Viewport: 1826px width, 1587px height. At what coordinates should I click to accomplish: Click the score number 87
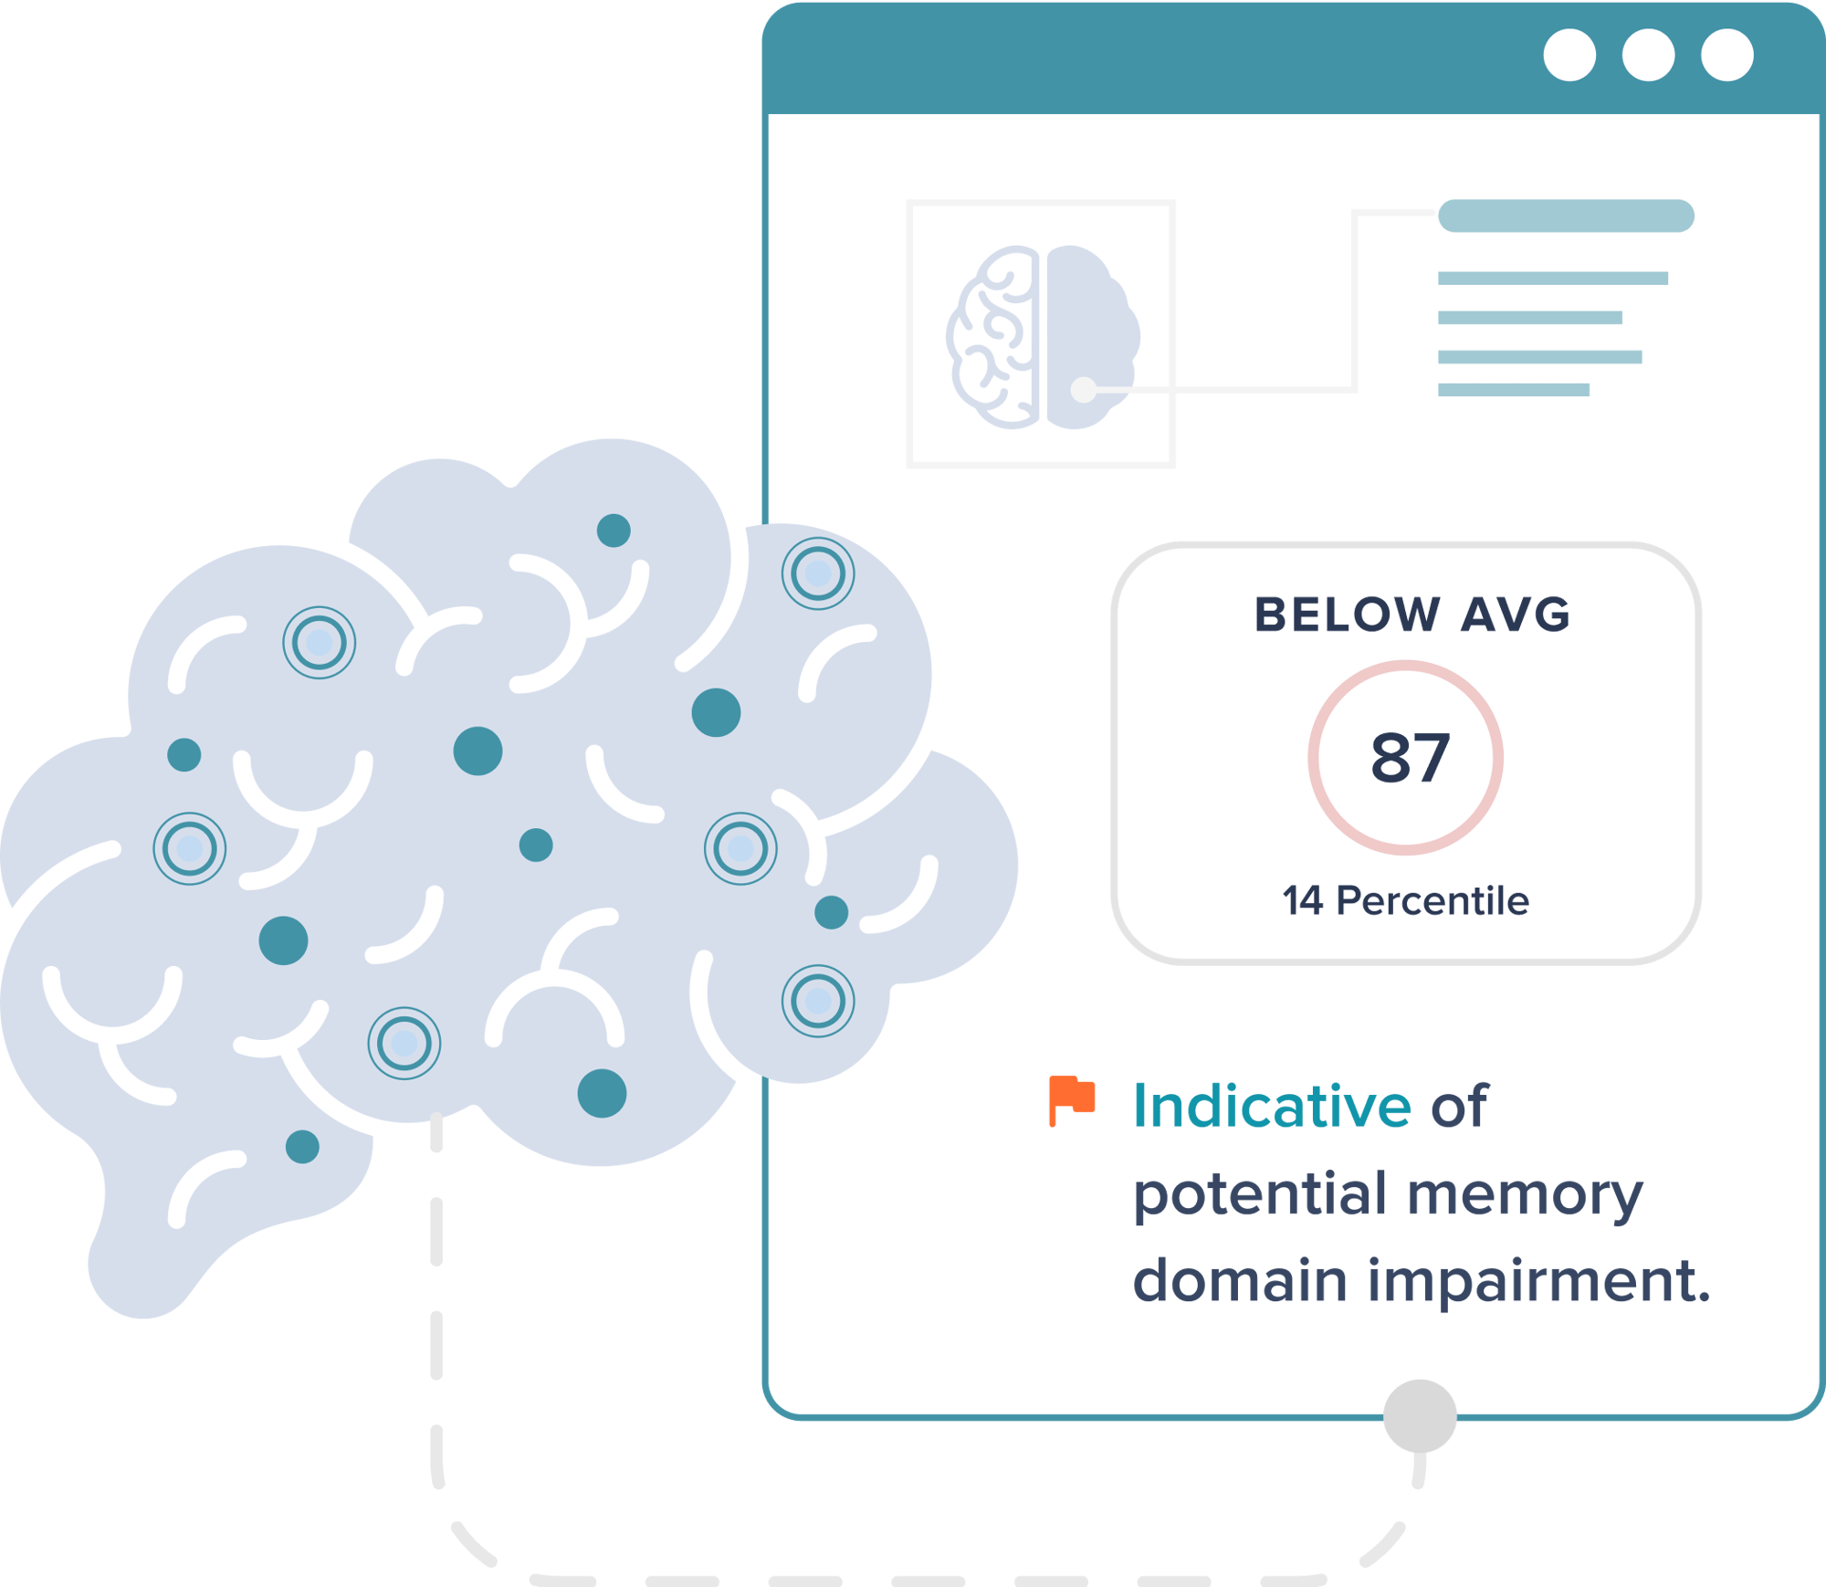[1410, 758]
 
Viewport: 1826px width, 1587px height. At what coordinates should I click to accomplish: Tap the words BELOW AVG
[1411, 615]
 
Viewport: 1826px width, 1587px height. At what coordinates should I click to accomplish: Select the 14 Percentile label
[1405, 901]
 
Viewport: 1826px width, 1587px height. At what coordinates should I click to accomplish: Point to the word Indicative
[1271, 1107]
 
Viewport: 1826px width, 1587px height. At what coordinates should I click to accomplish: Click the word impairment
[1538, 1280]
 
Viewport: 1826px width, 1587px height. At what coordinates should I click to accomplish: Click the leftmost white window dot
[1569, 56]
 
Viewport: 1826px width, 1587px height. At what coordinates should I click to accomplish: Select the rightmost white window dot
[1726, 56]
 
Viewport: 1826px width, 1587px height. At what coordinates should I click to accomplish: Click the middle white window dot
[1648, 56]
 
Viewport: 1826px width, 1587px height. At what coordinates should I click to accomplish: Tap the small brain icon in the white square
[1041, 336]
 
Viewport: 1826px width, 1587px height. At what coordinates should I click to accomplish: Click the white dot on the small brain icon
[1083, 390]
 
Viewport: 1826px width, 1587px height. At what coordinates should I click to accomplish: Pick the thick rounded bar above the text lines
[1566, 216]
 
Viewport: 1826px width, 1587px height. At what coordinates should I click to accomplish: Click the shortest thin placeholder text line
[1514, 390]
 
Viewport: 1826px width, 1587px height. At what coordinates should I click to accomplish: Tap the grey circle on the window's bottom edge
[1420, 1415]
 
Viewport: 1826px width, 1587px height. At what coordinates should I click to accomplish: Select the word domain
[1239, 1280]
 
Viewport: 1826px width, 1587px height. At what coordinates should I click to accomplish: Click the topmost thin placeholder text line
[1552, 278]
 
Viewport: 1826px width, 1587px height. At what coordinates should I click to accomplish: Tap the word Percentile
[1432, 901]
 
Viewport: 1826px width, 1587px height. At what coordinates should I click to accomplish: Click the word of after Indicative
[1459, 1107]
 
